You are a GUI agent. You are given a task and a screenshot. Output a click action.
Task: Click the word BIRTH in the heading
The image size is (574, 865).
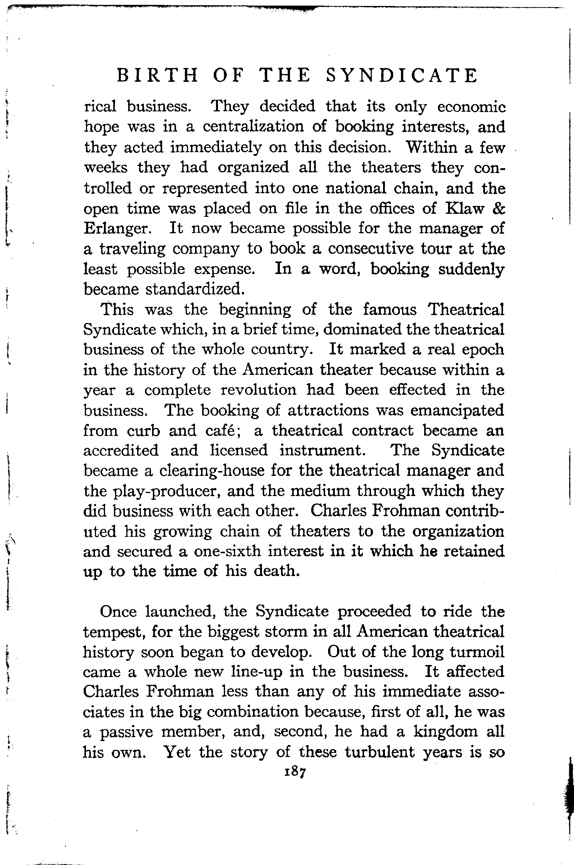157,76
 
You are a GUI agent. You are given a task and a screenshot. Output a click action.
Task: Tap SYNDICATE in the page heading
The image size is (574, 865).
402,76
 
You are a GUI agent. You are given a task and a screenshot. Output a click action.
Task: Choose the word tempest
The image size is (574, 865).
112,632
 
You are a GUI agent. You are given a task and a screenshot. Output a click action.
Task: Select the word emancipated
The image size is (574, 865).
457,410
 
